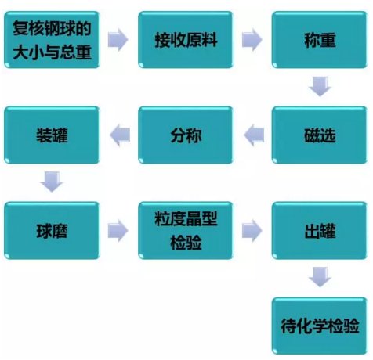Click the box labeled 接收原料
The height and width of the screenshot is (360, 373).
coord(186,40)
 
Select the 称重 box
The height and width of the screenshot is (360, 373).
coord(320,40)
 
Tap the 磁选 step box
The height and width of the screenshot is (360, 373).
coord(320,135)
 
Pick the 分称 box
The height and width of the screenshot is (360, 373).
coord(186,135)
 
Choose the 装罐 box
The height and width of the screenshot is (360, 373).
coord(52,135)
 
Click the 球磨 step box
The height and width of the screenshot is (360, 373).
coord(52,231)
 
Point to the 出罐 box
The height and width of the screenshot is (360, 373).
coord(320,231)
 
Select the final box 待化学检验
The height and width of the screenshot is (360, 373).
coord(320,326)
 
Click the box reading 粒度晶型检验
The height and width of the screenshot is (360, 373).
coord(186,231)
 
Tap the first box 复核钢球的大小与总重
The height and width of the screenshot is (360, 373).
coord(52,40)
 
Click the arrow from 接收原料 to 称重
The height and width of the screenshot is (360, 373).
coord(252,40)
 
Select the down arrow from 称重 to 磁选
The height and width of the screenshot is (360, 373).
coord(320,86)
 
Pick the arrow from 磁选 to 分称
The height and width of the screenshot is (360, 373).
coord(254,135)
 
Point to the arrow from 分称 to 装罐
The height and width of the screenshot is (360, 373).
coord(120,135)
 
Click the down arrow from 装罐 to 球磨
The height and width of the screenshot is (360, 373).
coord(52,182)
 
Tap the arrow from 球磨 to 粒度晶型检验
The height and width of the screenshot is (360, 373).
coord(118,231)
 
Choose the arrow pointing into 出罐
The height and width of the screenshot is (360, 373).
coord(252,231)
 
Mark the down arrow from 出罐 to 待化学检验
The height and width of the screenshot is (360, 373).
coord(320,277)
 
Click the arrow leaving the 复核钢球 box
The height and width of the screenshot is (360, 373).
coord(118,40)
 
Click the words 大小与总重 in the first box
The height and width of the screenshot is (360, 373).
coord(52,52)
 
